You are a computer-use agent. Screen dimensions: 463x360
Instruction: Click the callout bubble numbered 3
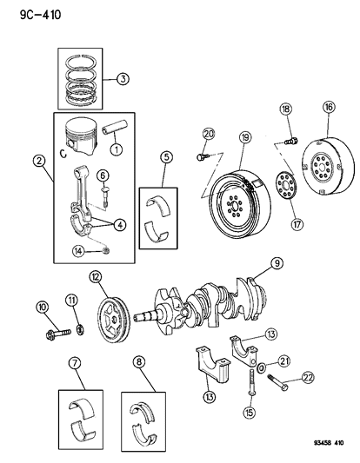click(x=124, y=79)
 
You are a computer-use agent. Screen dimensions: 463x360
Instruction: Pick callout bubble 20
click(x=208, y=133)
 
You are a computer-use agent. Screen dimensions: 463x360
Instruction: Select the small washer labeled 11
click(x=77, y=329)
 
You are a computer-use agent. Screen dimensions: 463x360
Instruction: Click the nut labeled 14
click(x=106, y=251)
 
